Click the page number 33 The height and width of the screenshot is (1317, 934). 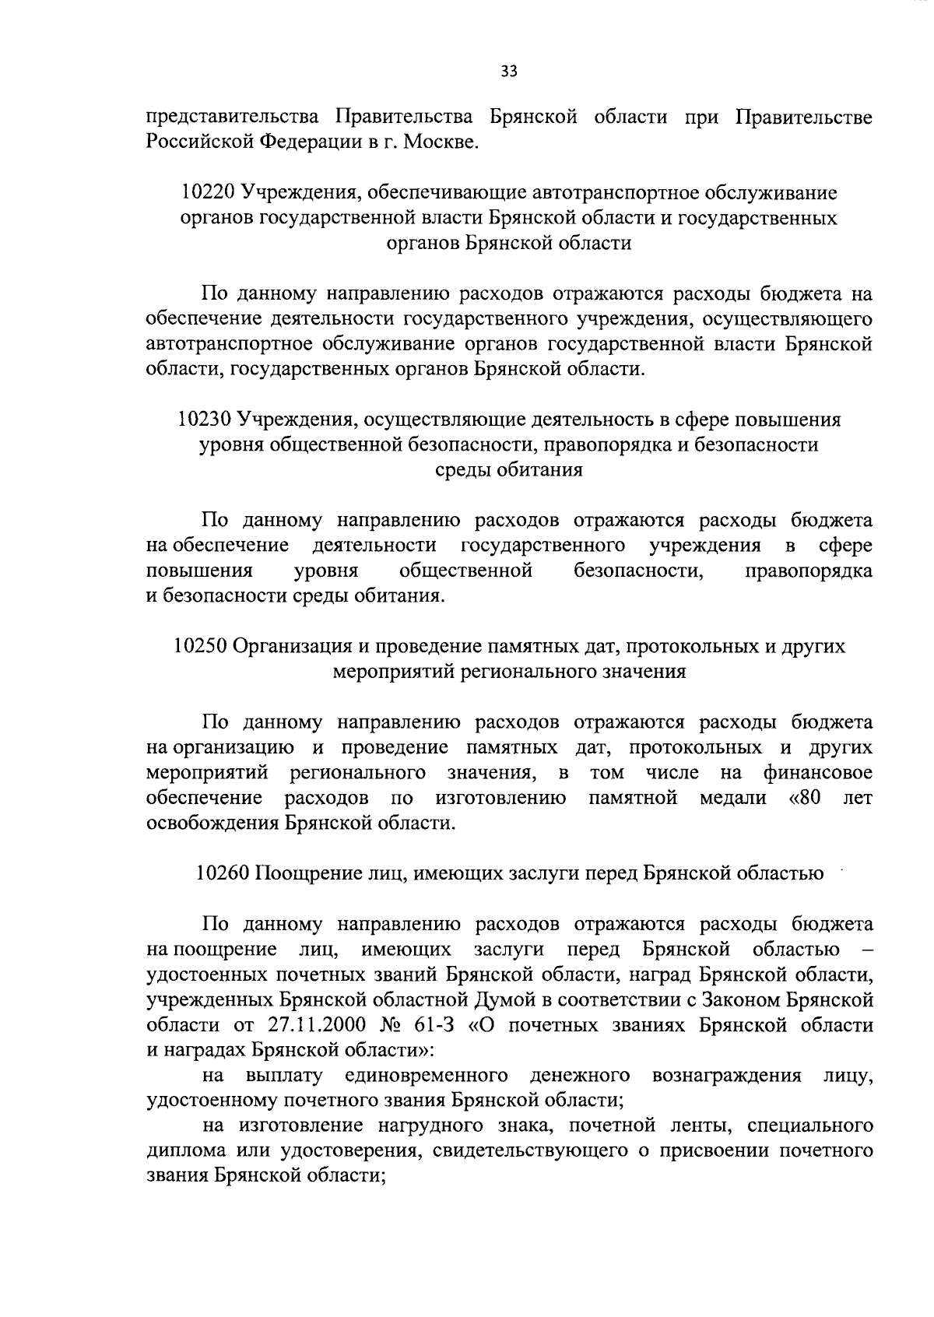pos(509,72)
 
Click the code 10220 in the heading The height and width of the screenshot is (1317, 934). pos(208,191)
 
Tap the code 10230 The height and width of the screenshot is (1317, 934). pos(205,420)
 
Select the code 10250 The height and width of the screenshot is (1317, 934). pos(200,646)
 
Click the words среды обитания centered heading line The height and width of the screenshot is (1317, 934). pos(508,470)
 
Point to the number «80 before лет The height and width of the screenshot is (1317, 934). pos(800,798)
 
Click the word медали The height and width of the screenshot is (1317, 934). pos(732,798)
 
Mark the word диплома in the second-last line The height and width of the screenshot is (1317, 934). pos(184,1151)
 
